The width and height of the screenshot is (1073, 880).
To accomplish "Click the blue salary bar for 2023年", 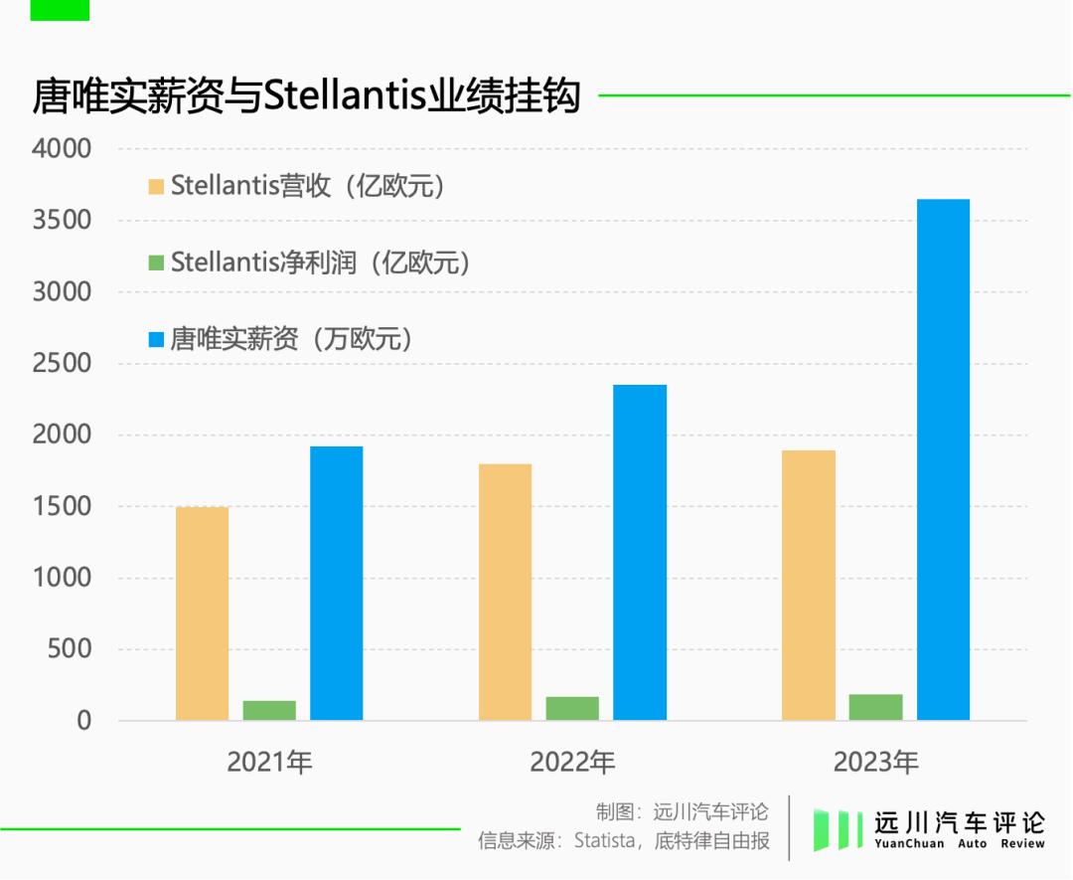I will click(x=943, y=459).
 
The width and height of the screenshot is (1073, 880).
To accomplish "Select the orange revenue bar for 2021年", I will click(x=202, y=614).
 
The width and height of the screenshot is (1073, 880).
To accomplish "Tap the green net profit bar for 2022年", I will click(x=572, y=708).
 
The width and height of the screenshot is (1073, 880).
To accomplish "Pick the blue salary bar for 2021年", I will click(x=336, y=583).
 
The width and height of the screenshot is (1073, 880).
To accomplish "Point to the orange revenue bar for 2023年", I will click(x=809, y=585).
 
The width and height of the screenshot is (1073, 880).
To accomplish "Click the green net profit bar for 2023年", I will click(x=875, y=707).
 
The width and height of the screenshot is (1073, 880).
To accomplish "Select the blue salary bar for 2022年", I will click(x=640, y=552).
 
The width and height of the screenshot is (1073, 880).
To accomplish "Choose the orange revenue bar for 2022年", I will click(x=505, y=592).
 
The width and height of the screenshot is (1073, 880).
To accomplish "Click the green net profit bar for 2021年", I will click(x=269, y=710).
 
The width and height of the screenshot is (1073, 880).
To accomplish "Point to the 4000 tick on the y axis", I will click(x=62, y=149).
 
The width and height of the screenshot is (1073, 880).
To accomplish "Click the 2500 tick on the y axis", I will click(x=62, y=364).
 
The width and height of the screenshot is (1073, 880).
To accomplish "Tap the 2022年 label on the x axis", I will click(x=572, y=763).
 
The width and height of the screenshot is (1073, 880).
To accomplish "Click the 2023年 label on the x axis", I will click(x=875, y=763).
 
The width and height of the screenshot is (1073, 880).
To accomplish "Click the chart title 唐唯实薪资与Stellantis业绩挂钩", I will click(x=306, y=97).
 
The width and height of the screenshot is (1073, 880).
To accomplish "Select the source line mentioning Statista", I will click(x=624, y=841).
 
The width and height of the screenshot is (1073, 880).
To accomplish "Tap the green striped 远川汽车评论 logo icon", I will click(x=837, y=829).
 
